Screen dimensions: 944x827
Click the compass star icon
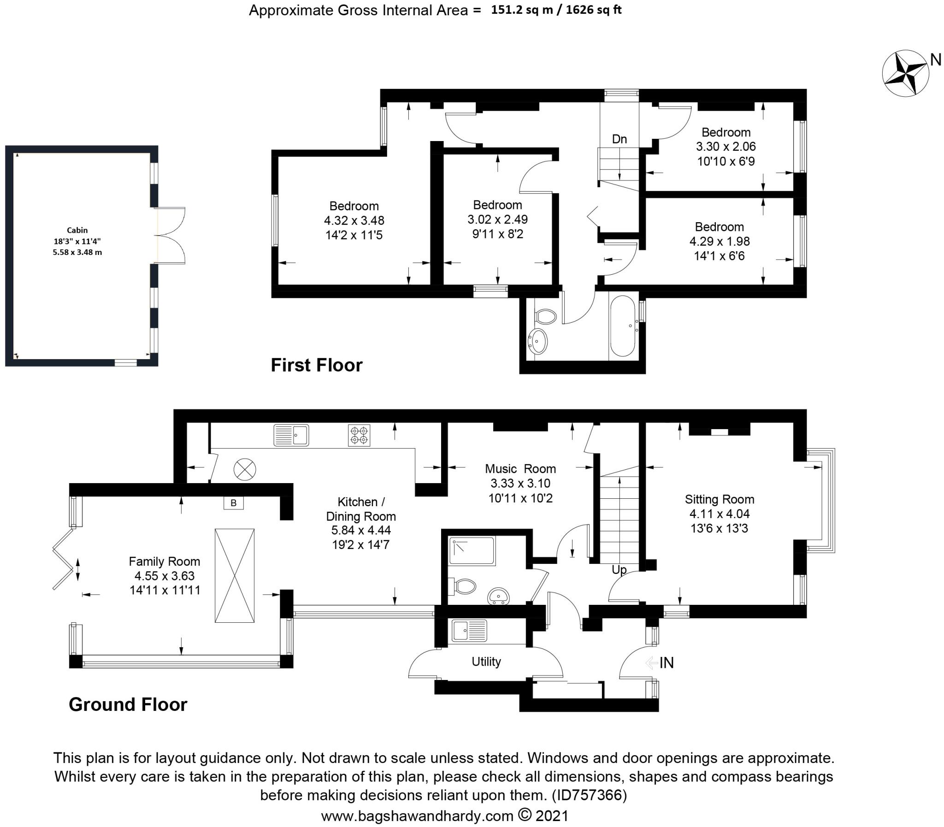(905, 74)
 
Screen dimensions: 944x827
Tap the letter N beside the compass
(935, 60)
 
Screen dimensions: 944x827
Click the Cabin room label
(77, 230)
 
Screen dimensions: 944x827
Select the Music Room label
(520, 469)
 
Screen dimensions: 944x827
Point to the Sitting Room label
(720, 499)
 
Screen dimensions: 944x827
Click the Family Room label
(164, 561)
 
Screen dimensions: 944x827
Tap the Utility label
(486, 662)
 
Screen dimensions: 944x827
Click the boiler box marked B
(233, 503)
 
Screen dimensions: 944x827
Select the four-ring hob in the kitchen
(359, 436)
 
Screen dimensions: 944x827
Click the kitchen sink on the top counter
(291, 435)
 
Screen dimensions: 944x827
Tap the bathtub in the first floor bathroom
(623, 326)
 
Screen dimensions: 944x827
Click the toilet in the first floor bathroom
(545, 317)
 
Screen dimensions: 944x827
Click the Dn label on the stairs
(619, 139)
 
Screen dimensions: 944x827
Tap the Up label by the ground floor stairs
(619, 570)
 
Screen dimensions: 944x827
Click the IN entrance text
(667, 663)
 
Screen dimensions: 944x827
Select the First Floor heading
(317, 365)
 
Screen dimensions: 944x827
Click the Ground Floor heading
(128, 705)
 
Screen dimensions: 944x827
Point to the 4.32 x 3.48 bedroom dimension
(354, 221)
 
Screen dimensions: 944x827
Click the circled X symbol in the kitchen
(245, 470)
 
